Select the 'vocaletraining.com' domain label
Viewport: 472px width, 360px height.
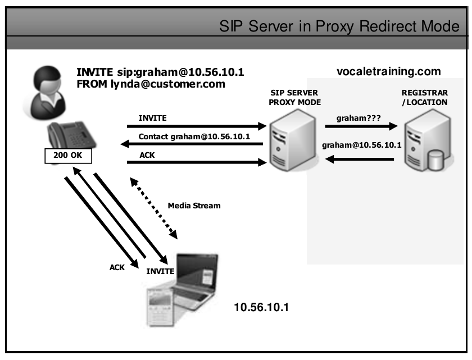coord(388,72)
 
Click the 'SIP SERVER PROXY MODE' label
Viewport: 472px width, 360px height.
coord(294,98)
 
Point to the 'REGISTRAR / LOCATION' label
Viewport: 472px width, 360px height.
coord(424,98)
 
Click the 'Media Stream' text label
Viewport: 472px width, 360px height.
coord(194,206)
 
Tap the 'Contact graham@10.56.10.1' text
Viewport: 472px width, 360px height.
coord(194,136)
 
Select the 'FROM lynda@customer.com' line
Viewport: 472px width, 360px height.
coord(151,85)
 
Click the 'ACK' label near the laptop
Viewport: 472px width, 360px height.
coord(117,268)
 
